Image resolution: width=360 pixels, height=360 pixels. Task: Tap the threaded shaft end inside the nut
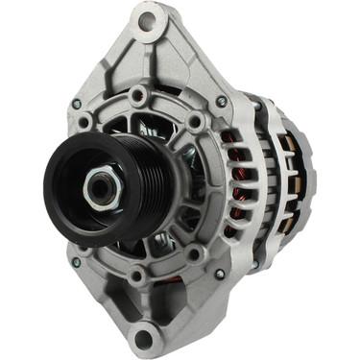(100, 188)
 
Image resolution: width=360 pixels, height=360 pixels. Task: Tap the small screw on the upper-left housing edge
(76, 104)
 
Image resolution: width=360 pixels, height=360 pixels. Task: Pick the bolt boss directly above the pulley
(140, 95)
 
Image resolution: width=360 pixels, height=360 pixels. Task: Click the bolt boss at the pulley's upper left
(84, 123)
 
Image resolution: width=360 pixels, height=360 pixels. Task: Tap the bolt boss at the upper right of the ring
(197, 123)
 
